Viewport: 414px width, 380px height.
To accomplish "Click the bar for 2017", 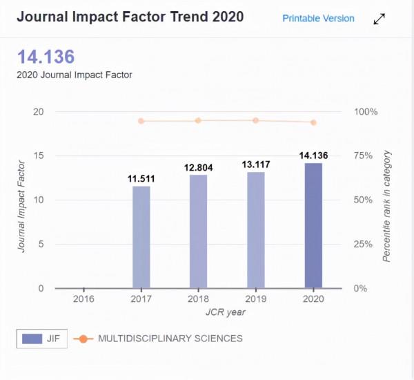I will click(x=141, y=237).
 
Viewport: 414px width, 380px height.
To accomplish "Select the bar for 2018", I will click(x=198, y=231).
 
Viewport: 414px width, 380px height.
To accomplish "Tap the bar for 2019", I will click(x=255, y=230).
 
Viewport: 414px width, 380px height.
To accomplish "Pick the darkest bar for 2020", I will click(x=313, y=225).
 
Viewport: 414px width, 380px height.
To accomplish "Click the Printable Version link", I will click(x=318, y=19).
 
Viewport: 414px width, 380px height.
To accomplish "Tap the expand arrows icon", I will click(x=379, y=19).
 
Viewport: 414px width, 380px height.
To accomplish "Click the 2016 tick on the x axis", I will click(x=83, y=299).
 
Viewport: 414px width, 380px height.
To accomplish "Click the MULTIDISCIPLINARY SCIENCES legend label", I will click(x=170, y=339).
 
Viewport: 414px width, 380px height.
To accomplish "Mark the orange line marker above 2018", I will click(x=198, y=120).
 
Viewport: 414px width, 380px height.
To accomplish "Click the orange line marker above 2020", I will click(x=313, y=122).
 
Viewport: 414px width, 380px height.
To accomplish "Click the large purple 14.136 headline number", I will click(x=46, y=57).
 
